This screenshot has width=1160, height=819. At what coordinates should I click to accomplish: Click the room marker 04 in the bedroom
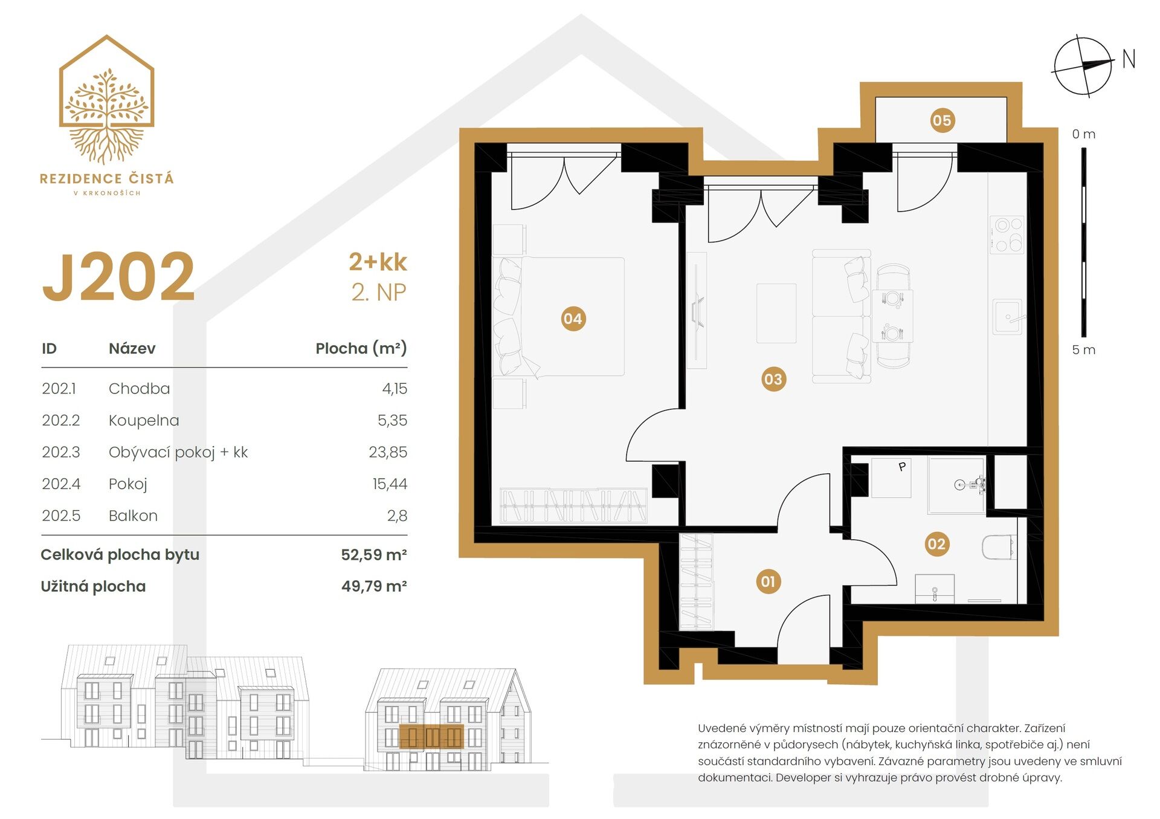pyautogui.click(x=572, y=319)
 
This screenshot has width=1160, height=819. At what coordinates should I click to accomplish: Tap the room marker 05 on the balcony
pyautogui.click(x=941, y=120)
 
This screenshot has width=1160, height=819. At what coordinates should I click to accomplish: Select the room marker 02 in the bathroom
pyautogui.click(x=936, y=544)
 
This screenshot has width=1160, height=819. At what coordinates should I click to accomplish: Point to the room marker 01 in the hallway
pyautogui.click(x=768, y=581)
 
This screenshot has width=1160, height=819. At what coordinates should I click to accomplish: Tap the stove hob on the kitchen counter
pyautogui.click(x=1007, y=235)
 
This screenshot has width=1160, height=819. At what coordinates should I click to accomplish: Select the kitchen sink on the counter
pyautogui.click(x=1007, y=317)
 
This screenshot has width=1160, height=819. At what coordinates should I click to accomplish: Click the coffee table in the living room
pyautogui.click(x=776, y=313)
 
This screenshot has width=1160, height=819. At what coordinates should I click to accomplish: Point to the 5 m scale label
pyautogui.click(x=1083, y=350)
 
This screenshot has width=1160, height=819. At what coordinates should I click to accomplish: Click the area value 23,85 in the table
pyautogui.click(x=388, y=452)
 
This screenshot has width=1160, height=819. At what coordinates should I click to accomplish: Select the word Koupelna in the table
pyautogui.click(x=144, y=420)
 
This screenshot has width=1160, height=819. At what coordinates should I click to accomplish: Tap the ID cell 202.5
pyautogui.click(x=61, y=516)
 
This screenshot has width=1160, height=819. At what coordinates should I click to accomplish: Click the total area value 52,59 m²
pyautogui.click(x=373, y=554)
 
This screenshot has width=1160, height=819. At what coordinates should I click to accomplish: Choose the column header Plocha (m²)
pyautogui.click(x=361, y=348)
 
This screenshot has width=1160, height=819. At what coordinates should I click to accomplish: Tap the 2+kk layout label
pyautogui.click(x=378, y=262)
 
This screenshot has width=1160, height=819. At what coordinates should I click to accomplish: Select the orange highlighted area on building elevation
pyautogui.click(x=431, y=737)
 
